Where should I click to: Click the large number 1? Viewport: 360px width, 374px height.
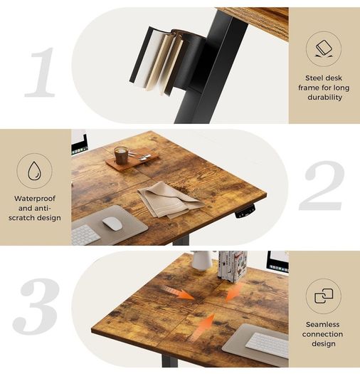coord(41,72)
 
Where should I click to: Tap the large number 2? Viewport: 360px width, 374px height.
coord(322,185)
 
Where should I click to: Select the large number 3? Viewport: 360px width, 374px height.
coord(36,306)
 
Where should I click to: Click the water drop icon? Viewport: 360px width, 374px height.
coord(35,170)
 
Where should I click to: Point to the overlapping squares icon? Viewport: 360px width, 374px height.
coord(324,296)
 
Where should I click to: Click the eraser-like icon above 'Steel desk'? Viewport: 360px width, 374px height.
coord(324,48)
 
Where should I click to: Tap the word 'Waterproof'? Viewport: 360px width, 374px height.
coord(35,199)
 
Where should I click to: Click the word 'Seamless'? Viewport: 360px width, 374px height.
coord(322,324)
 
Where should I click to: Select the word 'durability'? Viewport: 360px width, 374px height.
coord(324,98)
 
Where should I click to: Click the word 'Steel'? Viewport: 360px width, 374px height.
coord(314,78)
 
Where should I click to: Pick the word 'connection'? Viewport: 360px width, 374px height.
coord(322,334)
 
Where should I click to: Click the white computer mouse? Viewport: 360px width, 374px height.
coord(112,224)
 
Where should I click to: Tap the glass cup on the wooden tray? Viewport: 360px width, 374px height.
coord(121,155)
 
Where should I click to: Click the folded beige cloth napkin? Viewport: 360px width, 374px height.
coord(169,200)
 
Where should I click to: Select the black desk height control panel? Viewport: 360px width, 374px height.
coord(245,212)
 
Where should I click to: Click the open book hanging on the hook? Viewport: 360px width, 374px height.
coord(157,60)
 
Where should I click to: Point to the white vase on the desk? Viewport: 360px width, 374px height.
coord(201,260)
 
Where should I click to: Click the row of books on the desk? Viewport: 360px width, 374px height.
coord(233,266)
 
